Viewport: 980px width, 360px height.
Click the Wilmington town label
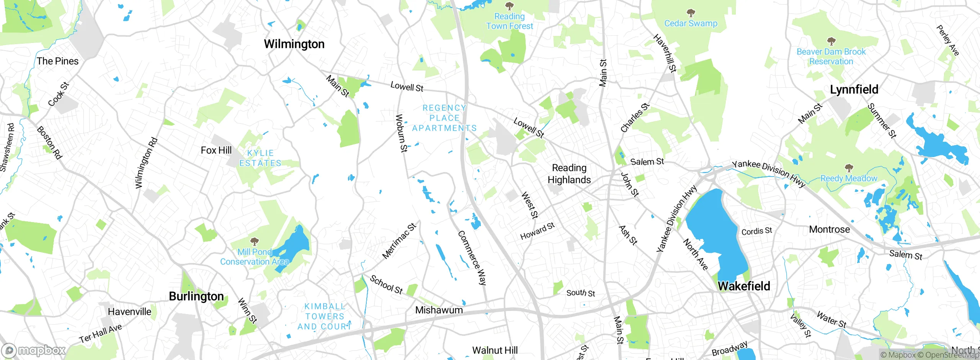[x=294, y=44]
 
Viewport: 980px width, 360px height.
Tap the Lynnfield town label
[x=854, y=90]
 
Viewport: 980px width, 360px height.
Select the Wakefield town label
[x=743, y=286]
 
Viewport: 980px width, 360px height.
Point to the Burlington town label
[x=196, y=296]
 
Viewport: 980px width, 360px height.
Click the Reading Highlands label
[x=569, y=174]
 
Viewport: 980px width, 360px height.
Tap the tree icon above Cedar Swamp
[x=691, y=13]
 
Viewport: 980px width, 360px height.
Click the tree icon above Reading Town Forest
[x=509, y=6]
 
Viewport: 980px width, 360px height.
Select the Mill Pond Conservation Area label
[x=255, y=257]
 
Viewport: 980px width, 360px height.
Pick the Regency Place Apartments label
[x=444, y=118]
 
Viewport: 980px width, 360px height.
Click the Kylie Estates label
[x=260, y=158]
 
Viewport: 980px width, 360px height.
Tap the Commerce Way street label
[x=472, y=258]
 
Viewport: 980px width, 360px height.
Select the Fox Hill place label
[x=216, y=151]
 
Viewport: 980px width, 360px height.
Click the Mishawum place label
[x=439, y=310]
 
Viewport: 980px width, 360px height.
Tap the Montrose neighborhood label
[x=829, y=229]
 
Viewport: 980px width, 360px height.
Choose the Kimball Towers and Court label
[x=325, y=316]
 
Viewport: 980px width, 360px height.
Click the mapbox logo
[x=33, y=350]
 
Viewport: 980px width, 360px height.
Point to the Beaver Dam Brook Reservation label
[x=831, y=57]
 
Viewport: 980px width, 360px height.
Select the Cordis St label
[x=756, y=231]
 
